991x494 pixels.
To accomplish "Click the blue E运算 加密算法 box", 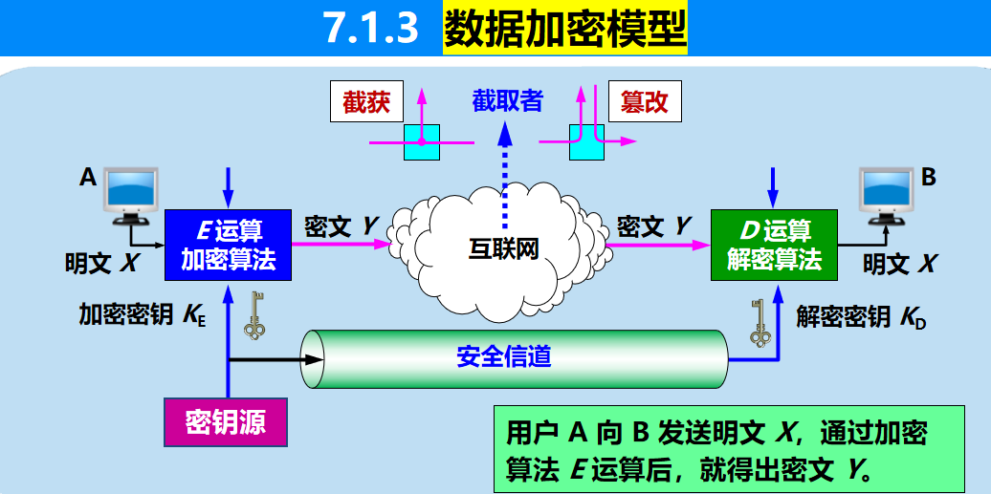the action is [x=228, y=245].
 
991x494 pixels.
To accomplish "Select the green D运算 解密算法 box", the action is [x=774, y=245].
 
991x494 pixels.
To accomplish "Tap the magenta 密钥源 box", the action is [x=226, y=420].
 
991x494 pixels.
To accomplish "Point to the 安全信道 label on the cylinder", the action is [x=504, y=357].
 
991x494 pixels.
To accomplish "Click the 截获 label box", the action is [x=366, y=102].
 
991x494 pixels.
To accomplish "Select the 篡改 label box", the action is [x=645, y=102].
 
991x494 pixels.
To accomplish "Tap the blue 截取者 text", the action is [x=507, y=99].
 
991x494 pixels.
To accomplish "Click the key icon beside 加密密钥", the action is [x=254, y=315].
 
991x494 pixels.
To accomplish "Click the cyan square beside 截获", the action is [x=421, y=141].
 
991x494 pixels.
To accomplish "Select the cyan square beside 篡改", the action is [x=586, y=141].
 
